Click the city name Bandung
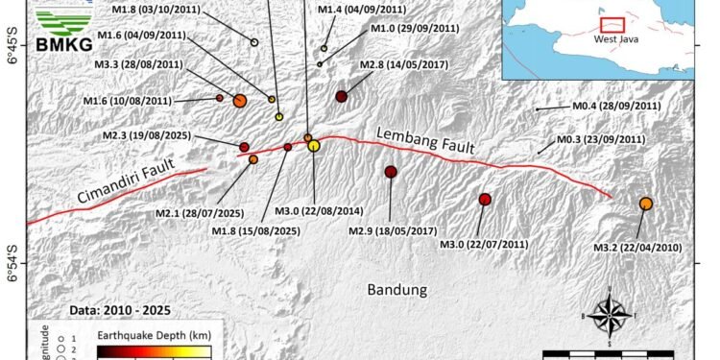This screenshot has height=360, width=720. click(396, 289)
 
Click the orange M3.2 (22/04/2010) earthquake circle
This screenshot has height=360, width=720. click(646, 204)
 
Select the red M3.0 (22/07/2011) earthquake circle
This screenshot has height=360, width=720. click(485, 200)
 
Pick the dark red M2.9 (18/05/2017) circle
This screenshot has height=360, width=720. click(391, 172)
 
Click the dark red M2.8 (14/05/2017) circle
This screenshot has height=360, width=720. click(342, 96)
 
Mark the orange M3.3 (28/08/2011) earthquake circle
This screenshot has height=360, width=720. click(240, 100)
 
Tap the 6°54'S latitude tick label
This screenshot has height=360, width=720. click(11, 265)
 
